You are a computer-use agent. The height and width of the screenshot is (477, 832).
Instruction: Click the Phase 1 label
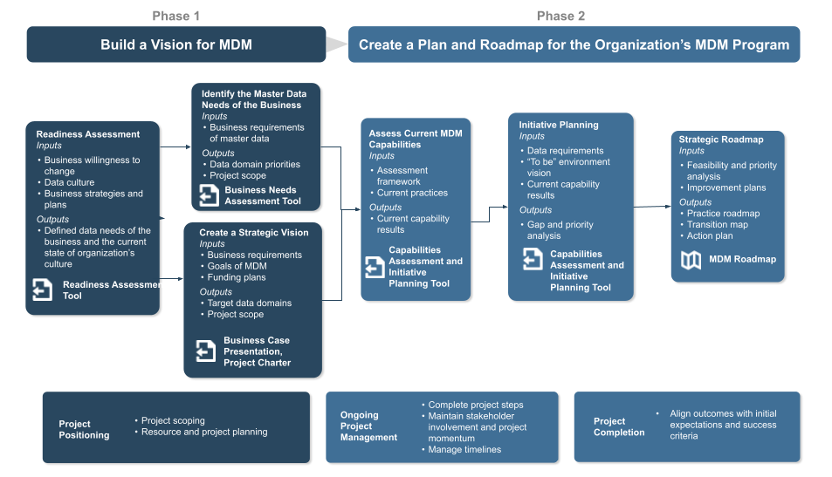click(175, 16)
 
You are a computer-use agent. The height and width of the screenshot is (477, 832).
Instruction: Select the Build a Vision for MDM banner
click(175, 44)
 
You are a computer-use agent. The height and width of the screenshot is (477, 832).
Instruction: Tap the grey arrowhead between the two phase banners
click(337, 45)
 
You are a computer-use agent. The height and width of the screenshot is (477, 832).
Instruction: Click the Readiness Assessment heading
click(87, 134)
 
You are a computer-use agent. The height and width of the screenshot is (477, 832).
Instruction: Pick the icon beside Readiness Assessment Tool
click(43, 290)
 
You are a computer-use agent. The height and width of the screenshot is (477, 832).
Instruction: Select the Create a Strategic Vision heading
click(253, 233)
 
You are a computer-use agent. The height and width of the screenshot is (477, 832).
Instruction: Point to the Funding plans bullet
click(236, 277)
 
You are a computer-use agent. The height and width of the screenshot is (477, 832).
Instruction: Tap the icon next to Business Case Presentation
click(206, 351)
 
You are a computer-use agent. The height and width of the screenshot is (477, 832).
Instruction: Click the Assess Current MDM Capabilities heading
click(415, 139)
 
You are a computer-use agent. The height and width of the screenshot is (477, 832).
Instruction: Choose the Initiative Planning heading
click(558, 125)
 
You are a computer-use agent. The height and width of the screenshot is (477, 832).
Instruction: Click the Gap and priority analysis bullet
click(560, 230)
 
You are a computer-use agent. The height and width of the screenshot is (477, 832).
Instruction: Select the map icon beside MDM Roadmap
click(691, 260)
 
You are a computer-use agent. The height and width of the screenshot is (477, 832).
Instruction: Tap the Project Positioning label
click(84, 429)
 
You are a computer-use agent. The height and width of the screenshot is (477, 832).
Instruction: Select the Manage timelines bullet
click(464, 450)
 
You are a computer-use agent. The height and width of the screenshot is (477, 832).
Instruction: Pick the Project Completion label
click(619, 426)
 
